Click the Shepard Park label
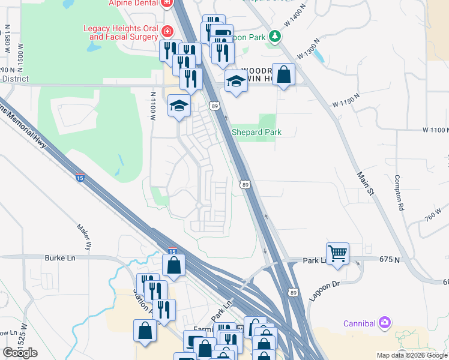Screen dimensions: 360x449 (x=256, y=132)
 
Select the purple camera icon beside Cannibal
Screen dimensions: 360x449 (x=385, y=323)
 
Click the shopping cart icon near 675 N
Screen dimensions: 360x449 (x=337, y=253)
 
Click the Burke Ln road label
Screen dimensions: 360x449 (x=59, y=258)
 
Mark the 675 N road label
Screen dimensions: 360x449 (x=390, y=259)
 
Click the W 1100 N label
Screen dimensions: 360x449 (x=435, y=130)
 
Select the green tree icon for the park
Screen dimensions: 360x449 (x=275, y=36)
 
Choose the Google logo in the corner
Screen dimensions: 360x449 (x=20, y=353)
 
